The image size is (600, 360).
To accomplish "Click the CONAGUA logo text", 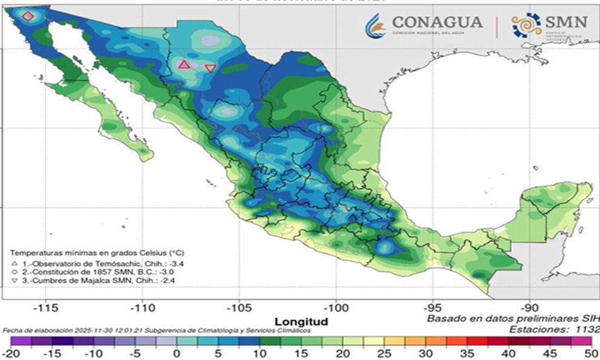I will click(x=437, y=22).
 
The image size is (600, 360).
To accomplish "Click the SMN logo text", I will click(x=566, y=22).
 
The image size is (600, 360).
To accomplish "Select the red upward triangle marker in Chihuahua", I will click(x=184, y=64).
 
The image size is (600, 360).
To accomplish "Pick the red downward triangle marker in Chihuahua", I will click(x=210, y=68).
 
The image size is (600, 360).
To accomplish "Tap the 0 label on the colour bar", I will click(x=177, y=353).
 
